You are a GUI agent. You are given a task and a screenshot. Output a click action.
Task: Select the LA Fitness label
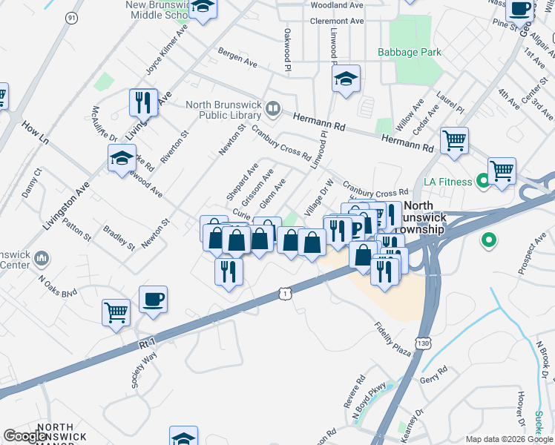point(447,182)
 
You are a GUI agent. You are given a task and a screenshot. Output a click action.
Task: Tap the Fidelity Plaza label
point(393,338)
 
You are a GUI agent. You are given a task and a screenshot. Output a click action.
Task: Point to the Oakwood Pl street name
point(287,50)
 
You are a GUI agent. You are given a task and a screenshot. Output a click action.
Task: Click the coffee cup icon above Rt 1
point(154,300)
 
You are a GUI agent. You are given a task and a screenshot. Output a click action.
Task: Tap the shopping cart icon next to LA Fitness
point(502,170)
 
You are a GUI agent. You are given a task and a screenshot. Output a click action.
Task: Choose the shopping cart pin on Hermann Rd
point(454,139)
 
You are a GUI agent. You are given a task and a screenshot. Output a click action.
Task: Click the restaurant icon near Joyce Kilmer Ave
point(143,102)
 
